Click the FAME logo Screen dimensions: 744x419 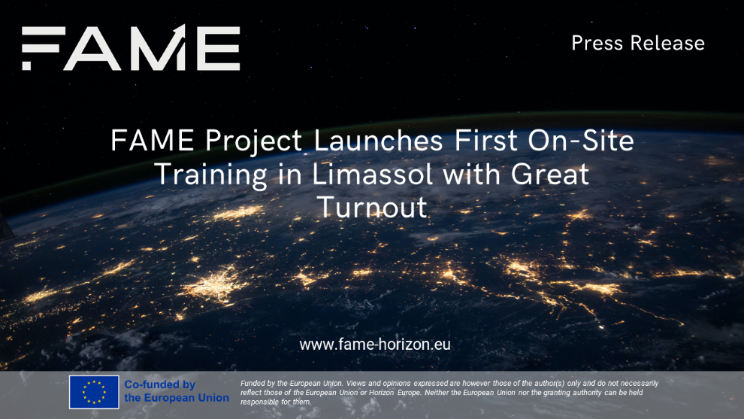point(131,47)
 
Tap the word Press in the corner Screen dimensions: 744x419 point(597,43)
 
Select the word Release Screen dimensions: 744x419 point(667,43)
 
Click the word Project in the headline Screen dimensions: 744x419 point(254,142)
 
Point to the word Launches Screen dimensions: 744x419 point(378,141)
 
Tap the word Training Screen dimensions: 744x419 point(210,175)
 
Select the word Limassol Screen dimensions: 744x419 point(372,174)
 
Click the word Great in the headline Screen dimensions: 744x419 point(550,174)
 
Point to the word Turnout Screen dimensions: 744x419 point(372,208)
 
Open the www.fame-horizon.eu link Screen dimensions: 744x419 point(375,344)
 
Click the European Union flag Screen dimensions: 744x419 point(94,392)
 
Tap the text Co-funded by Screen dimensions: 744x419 point(160,384)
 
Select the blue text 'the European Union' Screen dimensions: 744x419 point(177,398)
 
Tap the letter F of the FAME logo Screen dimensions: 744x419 point(44,48)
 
